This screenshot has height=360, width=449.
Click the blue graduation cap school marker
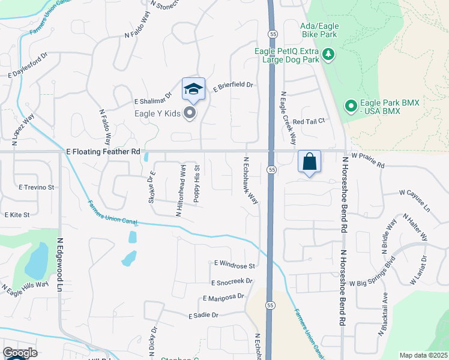click(x=193, y=89)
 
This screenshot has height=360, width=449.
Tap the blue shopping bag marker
click(x=309, y=161)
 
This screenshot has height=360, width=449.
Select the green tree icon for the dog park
click(x=328, y=55)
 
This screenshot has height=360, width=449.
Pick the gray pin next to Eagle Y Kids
click(x=190, y=112)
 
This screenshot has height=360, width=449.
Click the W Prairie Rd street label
click(x=367, y=155)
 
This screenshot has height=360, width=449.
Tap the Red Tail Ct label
click(x=309, y=121)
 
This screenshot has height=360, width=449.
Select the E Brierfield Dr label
click(x=234, y=88)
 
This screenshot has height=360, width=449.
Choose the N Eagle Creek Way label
click(x=289, y=118)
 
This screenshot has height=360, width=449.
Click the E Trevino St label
click(x=37, y=187)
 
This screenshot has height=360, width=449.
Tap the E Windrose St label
click(x=235, y=265)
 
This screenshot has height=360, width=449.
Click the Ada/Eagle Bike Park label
click(x=321, y=30)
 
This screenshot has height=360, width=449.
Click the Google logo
click(x=20, y=353)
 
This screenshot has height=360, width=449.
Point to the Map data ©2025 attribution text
click(x=423, y=355)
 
